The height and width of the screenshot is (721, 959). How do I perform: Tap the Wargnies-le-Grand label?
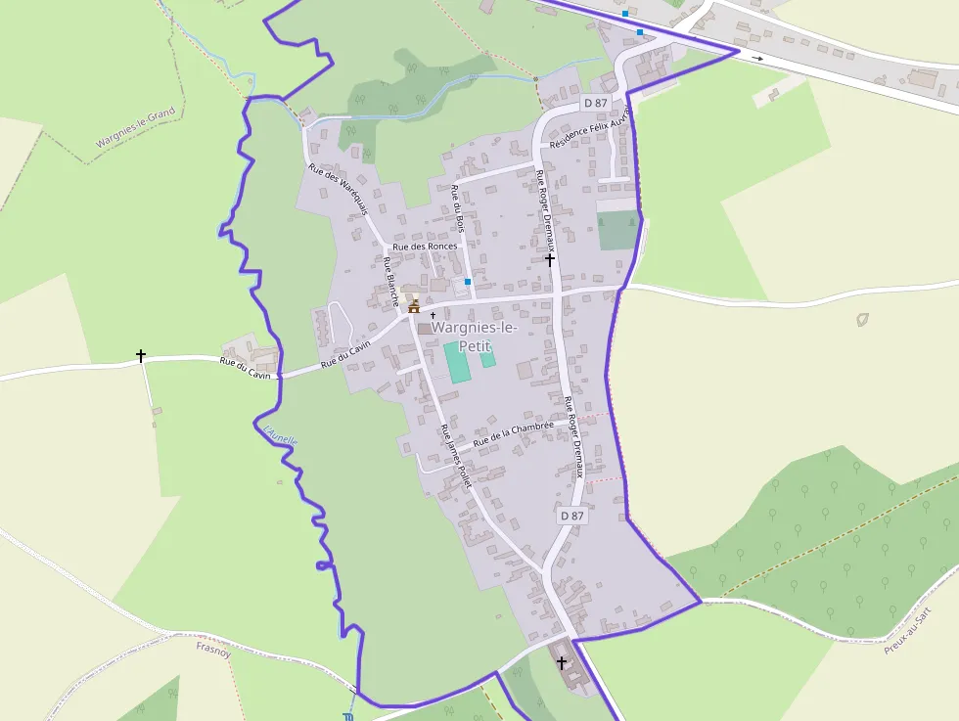(135, 128)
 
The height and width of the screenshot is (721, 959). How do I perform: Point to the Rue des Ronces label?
(425, 247)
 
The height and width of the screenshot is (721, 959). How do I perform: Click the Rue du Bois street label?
(457, 208)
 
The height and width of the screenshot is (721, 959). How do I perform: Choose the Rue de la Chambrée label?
(514, 433)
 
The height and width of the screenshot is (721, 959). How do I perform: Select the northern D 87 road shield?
(596, 103)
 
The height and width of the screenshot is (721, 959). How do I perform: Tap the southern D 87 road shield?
(571, 516)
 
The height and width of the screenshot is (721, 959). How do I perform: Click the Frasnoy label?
(212, 647)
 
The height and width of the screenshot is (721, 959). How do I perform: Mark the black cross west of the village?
(141, 356)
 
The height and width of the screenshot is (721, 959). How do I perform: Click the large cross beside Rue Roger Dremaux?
(550, 259)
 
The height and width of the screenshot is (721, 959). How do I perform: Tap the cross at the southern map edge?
(562, 663)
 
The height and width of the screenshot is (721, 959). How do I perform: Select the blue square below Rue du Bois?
(468, 282)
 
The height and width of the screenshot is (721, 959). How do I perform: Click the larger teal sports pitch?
(457, 362)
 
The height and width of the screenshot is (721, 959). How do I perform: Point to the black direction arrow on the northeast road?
(757, 58)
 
